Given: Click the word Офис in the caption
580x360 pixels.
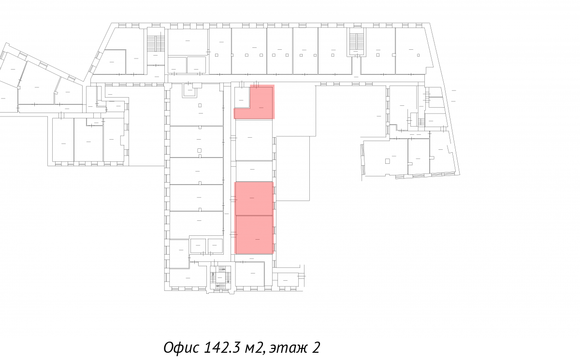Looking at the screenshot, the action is (x=182, y=347).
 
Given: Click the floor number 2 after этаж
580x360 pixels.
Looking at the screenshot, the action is (x=316, y=347).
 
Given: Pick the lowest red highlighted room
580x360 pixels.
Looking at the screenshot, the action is (x=254, y=235).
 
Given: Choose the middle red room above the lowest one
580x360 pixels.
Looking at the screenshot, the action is (x=254, y=199).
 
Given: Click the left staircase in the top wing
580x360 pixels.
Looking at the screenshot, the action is (x=156, y=43).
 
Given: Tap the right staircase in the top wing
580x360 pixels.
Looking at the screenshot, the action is (x=357, y=42).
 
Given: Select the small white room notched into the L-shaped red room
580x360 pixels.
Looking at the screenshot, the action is (x=242, y=98).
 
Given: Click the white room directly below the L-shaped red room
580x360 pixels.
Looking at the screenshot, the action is (x=254, y=140).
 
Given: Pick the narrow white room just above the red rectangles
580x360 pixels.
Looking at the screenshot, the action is (x=254, y=171).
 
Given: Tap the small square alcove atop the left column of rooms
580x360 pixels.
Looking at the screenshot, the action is (x=190, y=89).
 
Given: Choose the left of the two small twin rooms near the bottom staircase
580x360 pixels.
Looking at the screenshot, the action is (x=198, y=245).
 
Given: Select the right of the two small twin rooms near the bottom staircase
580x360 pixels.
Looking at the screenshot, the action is (x=215, y=245).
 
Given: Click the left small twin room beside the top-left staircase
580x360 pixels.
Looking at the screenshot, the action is (x=177, y=65).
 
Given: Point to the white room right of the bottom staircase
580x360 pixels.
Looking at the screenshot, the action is (x=250, y=274).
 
